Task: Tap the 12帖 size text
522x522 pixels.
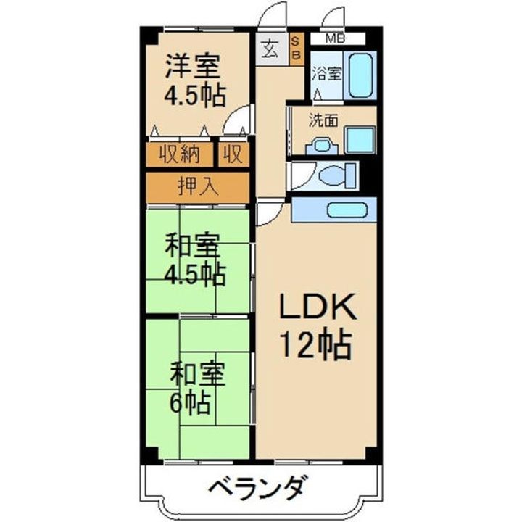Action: [x=318, y=345]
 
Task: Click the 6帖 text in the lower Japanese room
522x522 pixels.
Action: [x=191, y=401]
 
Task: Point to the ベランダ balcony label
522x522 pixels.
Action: [x=260, y=486]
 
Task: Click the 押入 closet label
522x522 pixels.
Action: [x=197, y=186]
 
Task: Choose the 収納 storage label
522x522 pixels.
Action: [x=179, y=154]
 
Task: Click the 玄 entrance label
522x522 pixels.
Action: [x=270, y=50]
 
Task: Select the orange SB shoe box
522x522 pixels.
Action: [x=297, y=49]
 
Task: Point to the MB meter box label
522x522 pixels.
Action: [x=334, y=38]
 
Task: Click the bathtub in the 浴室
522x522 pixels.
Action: [x=360, y=74]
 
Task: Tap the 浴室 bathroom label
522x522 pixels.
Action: [x=326, y=73]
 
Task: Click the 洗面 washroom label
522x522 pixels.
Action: [x=323, y=121]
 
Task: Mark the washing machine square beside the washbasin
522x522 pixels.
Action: [x=360, y=138]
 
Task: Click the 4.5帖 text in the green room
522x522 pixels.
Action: [x=194, y=274]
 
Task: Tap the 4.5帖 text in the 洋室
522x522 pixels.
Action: [x=194, y=96]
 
